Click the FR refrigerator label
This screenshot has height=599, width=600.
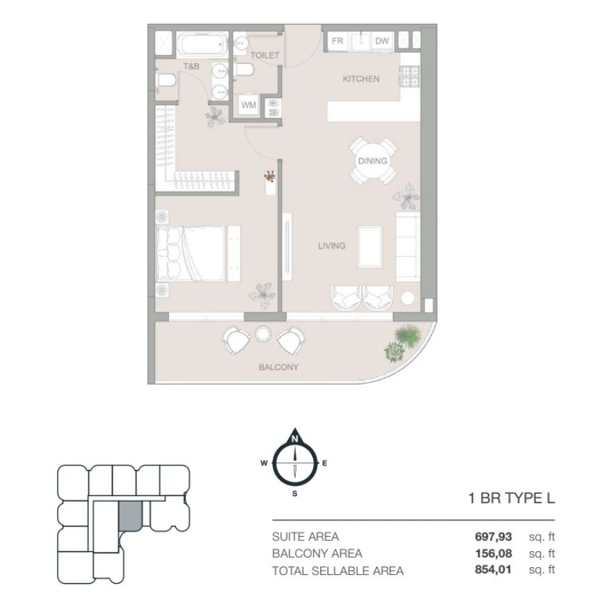point(338,41)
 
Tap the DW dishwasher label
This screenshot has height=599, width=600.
point(382,41)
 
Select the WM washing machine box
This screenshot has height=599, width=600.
point(249,104)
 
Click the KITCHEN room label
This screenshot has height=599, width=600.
point(361,79)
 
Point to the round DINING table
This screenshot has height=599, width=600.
point(372,161)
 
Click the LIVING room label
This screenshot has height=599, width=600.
point(332,246)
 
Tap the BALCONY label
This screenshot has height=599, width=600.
point(278,367)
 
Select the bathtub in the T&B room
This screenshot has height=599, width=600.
point(202,44)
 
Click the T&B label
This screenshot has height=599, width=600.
point(191,66)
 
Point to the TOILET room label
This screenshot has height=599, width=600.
point(264,55)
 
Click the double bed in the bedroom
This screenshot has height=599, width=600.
point(190,254)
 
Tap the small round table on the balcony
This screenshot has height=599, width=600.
point(263,334)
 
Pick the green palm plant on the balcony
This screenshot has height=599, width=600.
point(409,334)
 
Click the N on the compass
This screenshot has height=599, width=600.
point(295,439)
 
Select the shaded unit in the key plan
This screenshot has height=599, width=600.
point(130,516)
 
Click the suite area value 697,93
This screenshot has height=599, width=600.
point(493,537)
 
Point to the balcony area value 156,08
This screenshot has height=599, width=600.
point(493,553)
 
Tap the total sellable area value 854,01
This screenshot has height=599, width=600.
point(493,570)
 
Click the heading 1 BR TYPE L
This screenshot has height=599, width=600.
point(512,498)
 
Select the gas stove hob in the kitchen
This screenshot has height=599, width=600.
point(410,76)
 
